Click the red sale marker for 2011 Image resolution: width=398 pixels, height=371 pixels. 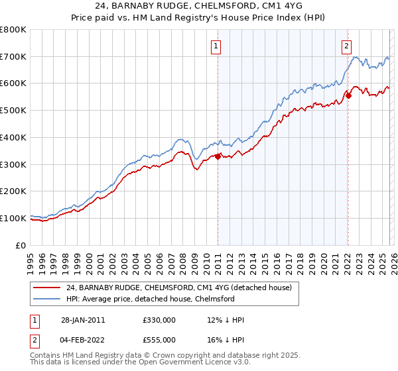pos(218,156)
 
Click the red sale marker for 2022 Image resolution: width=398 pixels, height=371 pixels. pos(348,95)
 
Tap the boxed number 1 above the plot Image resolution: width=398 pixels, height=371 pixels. pos(217,46)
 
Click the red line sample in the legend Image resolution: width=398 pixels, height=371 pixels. pos(47,288)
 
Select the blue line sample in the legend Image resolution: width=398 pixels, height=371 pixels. pos(47,299)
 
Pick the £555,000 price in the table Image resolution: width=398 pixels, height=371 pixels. pos(159,340)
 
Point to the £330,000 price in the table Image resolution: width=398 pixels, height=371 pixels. pos(159,320)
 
